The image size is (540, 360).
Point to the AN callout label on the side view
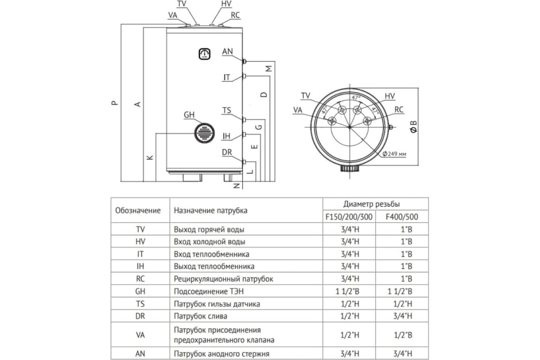[x=227, y=52]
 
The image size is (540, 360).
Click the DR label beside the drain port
[x=227, y=153]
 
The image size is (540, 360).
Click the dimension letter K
[x=150, y=157]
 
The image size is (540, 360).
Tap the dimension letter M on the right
[x=269, y=69]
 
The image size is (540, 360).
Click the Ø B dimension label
[x=414, y=127]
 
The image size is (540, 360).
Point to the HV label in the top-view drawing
[x=390, y=96]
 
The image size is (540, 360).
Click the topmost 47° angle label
[x=356, y=98]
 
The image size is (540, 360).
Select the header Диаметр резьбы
[x=375, y=204]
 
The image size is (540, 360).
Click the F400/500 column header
[x=402, y=217]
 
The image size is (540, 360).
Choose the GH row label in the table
[x=140, y=291]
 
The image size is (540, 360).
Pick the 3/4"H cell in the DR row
[x=402, y=316]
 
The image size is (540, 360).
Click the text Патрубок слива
[x=200, y=316]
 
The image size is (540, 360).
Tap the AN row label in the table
[x=140, y=354]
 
